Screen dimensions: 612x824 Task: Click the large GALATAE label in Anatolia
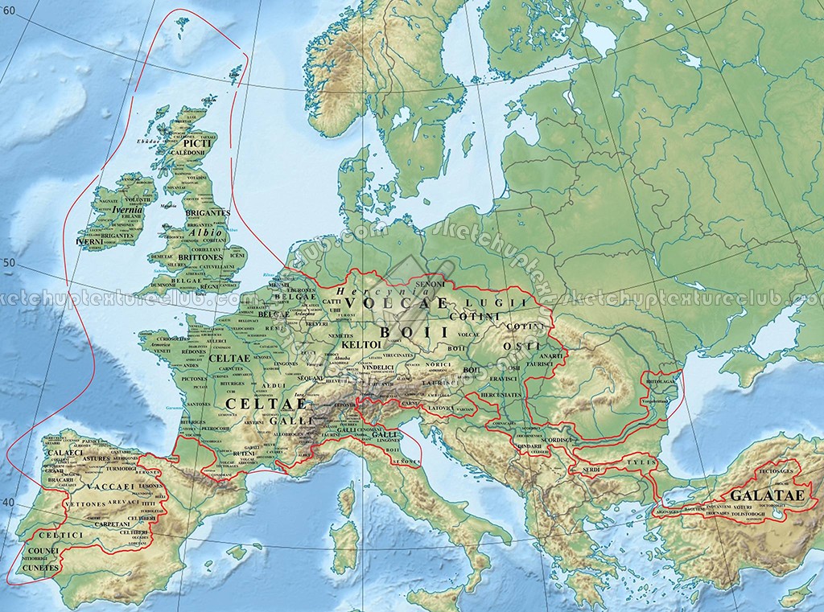click(x=766, y=495)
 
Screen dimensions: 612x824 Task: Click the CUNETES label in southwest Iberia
click(x=40, y=567)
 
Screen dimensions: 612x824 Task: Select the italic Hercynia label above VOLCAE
click(x=356, y=292)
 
